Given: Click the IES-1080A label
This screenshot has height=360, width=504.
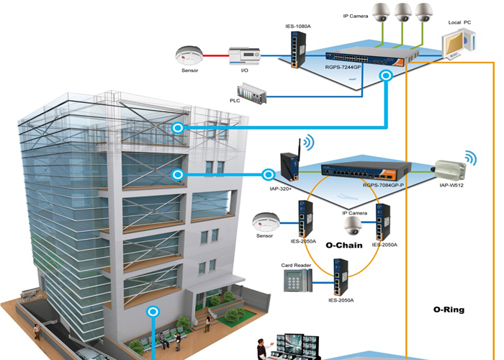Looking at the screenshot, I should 298,27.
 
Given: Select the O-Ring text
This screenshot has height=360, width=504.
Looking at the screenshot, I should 449,310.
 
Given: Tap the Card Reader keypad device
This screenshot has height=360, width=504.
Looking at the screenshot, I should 293,283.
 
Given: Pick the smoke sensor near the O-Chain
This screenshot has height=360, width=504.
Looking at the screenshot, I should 264,220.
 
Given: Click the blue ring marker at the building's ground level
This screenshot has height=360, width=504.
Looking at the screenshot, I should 153,312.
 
